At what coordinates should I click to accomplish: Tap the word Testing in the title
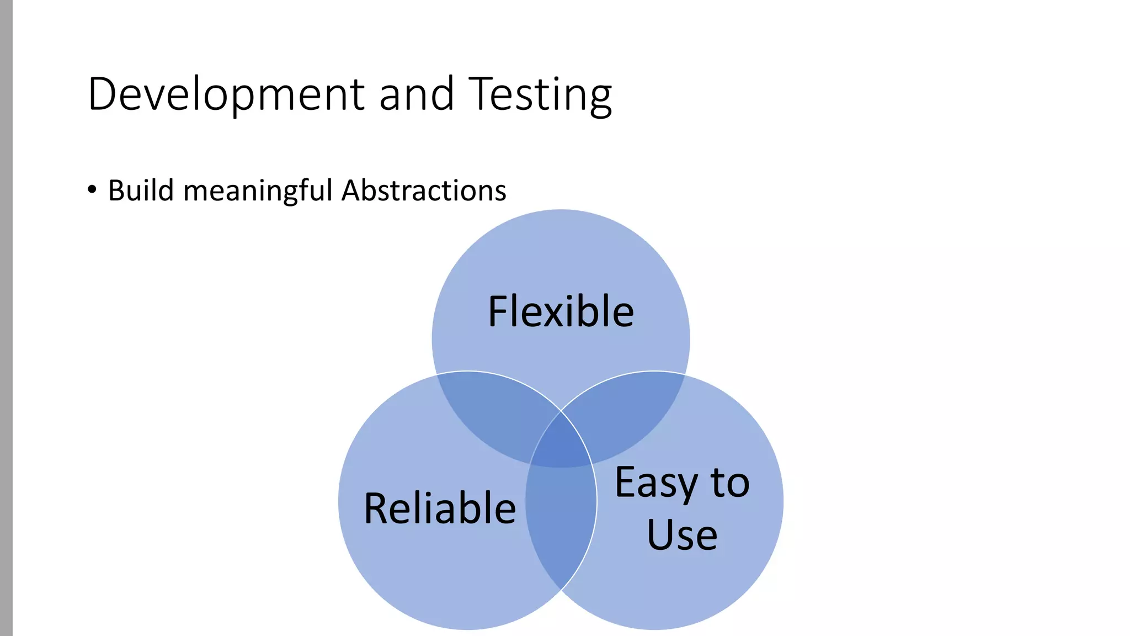(540, 95)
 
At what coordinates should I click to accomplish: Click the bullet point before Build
(92, 190)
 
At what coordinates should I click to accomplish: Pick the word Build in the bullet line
(141, 190)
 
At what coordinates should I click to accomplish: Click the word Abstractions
(424, 190)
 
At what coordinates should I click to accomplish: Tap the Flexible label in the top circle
(561, 312)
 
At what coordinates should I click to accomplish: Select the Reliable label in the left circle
(440, 508)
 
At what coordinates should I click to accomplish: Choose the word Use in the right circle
(682, 534)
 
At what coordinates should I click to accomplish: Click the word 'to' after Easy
(730, 483)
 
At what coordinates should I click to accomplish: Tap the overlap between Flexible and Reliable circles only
(491, 414)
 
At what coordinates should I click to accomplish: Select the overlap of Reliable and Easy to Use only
(561, 524)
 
